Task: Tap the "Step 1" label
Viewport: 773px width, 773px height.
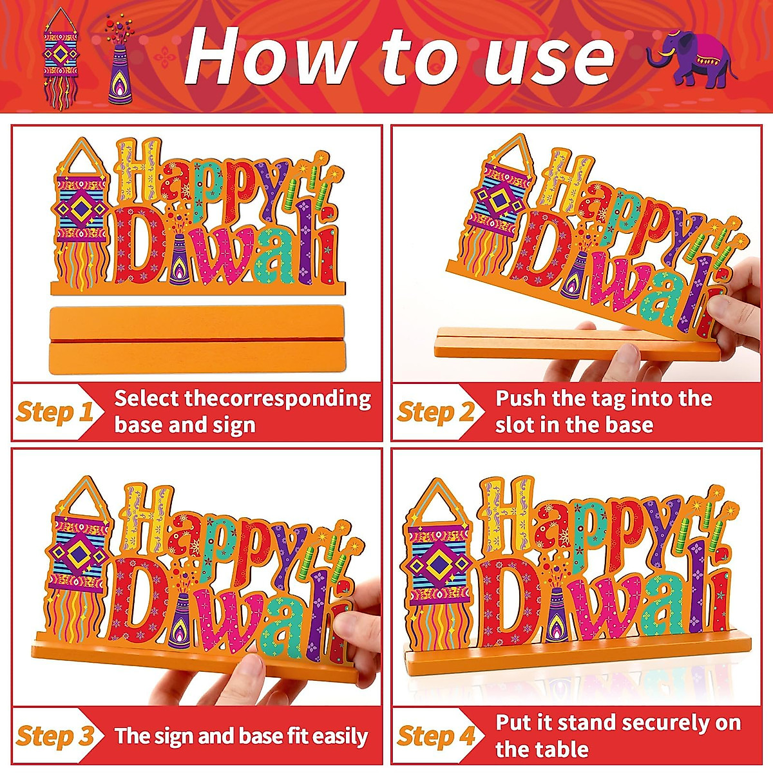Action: [54, 412]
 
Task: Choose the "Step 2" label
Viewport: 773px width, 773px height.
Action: [435, 412]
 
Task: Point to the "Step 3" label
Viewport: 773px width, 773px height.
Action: [54, 736]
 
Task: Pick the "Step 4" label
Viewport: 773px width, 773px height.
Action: [435, 736]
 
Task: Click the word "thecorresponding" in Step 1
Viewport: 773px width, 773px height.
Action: [278, 399]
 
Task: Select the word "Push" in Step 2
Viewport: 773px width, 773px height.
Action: [520, 399]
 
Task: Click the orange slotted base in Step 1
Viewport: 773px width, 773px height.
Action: [197, 339]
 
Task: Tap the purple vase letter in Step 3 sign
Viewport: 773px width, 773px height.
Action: [181, 618]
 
